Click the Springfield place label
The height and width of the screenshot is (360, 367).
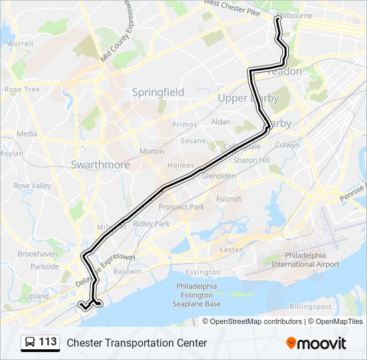tap(157, 93)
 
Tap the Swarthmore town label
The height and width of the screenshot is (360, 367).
tap(99, 164)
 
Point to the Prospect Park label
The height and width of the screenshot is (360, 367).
tap(181, 207)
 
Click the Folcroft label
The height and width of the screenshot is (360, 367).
tap(229, 199)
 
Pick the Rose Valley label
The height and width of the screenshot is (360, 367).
tap(32, 186)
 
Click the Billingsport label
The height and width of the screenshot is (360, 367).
tap(311, 307)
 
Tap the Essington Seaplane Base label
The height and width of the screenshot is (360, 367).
tap(198, 295)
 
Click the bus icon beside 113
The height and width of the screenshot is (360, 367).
tap(30, 343)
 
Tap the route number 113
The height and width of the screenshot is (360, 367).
tap(48, 342)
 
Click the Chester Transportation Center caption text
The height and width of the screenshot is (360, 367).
tap(137, 343)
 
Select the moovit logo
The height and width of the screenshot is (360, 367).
tap(316, 343)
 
